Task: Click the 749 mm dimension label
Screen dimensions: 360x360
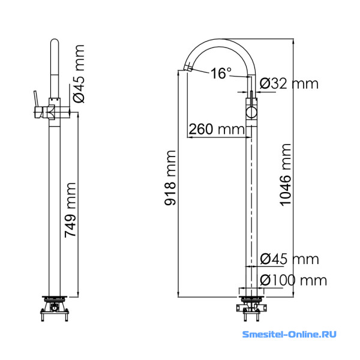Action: [x=70, y=210]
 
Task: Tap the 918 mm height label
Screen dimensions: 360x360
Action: [x=170, y=178]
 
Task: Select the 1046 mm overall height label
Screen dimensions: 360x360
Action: [x=286, y=175]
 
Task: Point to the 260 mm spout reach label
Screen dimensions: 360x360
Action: [x=217, y=129]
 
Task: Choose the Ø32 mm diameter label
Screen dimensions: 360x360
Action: [x=289, y=83]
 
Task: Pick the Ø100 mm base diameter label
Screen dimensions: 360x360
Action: [x=293, y=280]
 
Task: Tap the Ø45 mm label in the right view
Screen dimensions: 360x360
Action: [x=290, y=259]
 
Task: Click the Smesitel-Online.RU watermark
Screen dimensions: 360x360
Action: [x=289, y=334]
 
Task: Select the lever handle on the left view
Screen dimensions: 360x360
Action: [x=38, y=104]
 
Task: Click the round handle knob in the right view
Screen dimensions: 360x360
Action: [x=251, y=113]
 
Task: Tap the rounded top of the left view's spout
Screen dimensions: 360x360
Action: [x=55, y=41]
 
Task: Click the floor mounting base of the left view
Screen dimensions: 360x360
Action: [x=55, y=308]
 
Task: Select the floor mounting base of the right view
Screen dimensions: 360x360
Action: [x=251, y=308]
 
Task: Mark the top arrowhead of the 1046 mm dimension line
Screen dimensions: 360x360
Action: [x=293, y=42]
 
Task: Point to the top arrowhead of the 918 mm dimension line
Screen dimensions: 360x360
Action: [x=178, y=73]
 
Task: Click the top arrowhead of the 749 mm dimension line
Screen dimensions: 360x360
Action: [x=78, y=115]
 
